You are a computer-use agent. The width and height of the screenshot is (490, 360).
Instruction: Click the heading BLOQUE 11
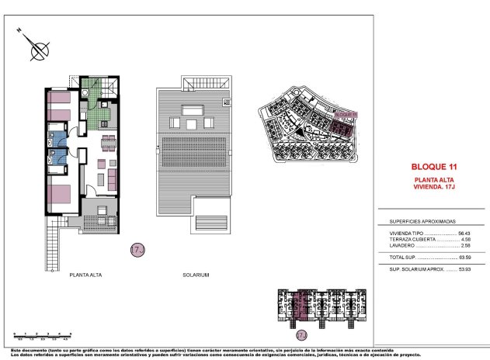point(432,166)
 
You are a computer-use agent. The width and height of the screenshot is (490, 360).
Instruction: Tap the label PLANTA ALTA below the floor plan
point(88,274)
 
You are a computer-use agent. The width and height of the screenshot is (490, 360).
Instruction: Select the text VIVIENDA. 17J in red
point(432,187)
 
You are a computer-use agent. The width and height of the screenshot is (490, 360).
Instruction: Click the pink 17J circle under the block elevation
point(301,335)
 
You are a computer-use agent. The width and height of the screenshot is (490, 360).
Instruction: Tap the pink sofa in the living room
point(113,179)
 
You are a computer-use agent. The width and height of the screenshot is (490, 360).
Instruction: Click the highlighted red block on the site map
point(342,125)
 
